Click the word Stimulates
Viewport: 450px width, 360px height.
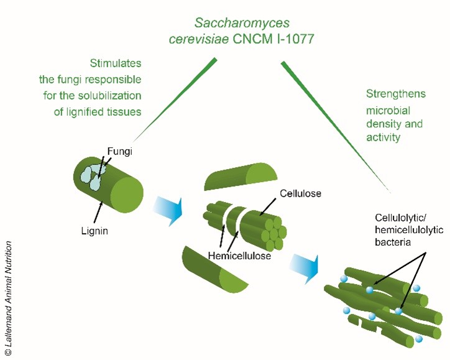click(116, 64)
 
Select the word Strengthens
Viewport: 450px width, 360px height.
click(395, 94)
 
